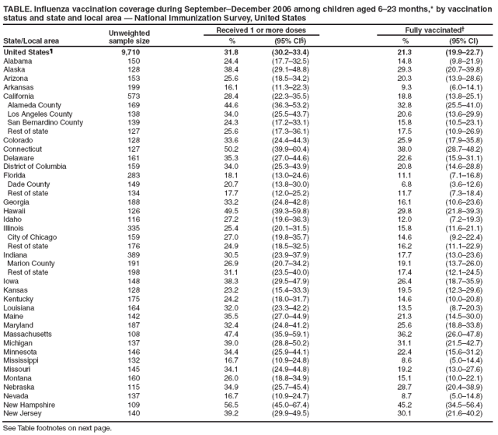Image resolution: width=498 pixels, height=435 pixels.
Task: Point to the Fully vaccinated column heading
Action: [x=423, y=30]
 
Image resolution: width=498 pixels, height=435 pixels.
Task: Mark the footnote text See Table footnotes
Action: [x=58, y=427]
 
